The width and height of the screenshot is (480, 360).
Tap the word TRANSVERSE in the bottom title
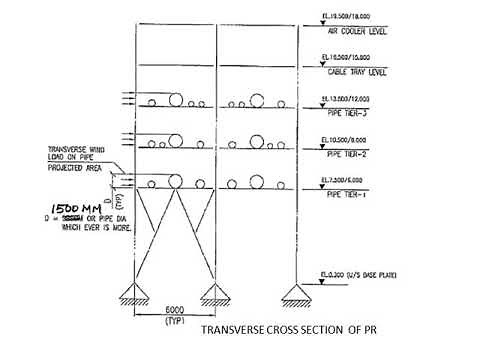[x=237, y=331]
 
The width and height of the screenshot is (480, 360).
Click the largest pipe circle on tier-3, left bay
[x=175, y=101]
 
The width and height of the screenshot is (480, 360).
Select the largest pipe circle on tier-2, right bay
[x=255, y=142]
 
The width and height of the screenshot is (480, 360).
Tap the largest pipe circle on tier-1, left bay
[x=175, y=182]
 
